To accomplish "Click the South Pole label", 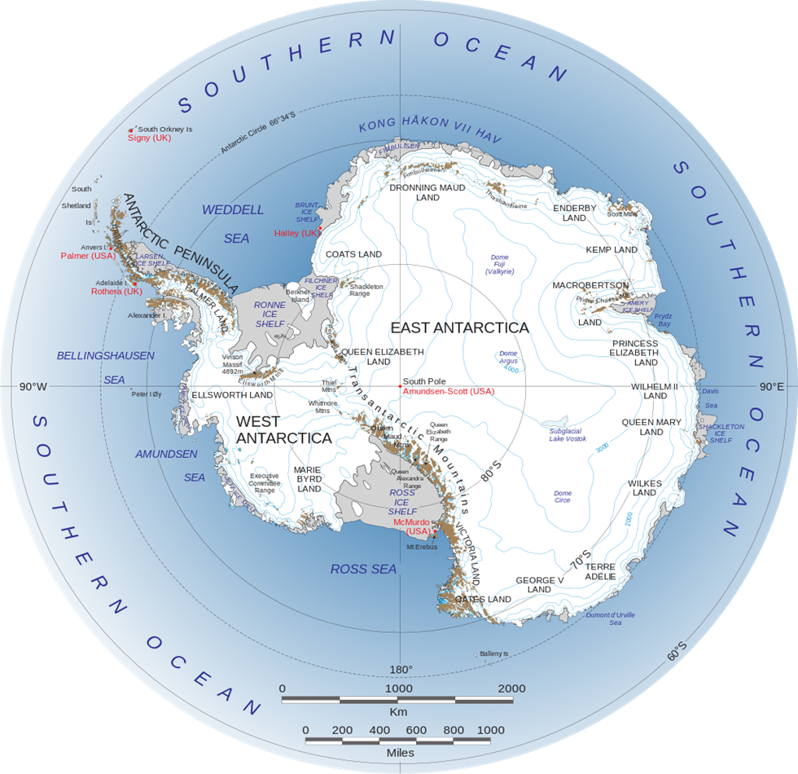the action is [x=424, y=380].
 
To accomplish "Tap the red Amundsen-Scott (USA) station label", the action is [x=448, y=391].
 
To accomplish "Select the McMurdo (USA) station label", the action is [x=411, y=526].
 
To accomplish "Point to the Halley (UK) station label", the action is [x=298, y=233].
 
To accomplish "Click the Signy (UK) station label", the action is [x=149, y=139].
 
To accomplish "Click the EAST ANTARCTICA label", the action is [x=459, y=328].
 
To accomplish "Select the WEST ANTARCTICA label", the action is [x=283, y=430].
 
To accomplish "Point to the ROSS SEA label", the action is [x=363, y=570].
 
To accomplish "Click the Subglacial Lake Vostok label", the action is [x=568, y=434].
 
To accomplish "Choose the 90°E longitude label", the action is [x=772, y=386].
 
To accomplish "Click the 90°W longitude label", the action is [x=33, y=386].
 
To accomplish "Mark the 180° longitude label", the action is [x=401, y=670].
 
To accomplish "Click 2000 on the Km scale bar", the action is [x=511, y=688].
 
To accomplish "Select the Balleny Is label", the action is [x=493, y=653].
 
